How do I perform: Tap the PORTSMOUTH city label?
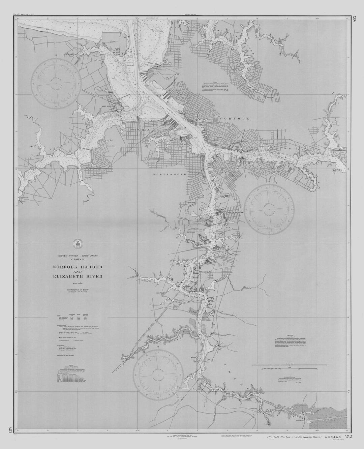click(x=168, y=174)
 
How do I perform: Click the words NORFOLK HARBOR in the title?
click(x=78, y=267)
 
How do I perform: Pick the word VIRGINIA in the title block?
click(x=78, y=260)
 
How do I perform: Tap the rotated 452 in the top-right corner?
click(x=354, y=20)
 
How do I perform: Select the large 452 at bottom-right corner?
click(x=348, y=437)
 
